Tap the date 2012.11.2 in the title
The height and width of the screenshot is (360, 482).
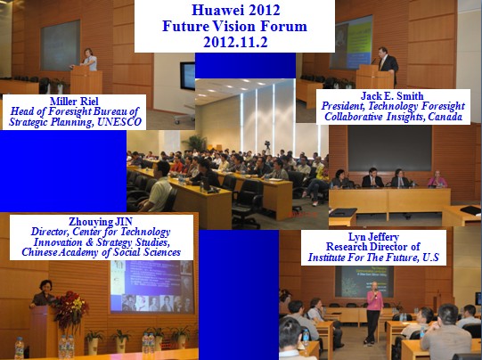235,42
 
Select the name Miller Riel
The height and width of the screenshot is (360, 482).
74,102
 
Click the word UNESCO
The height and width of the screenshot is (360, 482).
119,122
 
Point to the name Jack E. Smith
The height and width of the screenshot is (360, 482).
392,96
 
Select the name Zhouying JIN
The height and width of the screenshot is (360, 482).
101,221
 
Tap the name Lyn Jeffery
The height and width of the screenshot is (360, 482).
373,237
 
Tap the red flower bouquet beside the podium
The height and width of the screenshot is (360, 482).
70,309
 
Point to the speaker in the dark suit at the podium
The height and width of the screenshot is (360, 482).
388,64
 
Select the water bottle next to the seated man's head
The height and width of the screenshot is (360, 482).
306,337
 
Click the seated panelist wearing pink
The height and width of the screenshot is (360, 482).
437,179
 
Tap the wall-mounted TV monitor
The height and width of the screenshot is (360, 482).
187,76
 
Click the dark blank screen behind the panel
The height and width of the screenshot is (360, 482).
389,148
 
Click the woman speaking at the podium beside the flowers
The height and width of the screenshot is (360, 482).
43,294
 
